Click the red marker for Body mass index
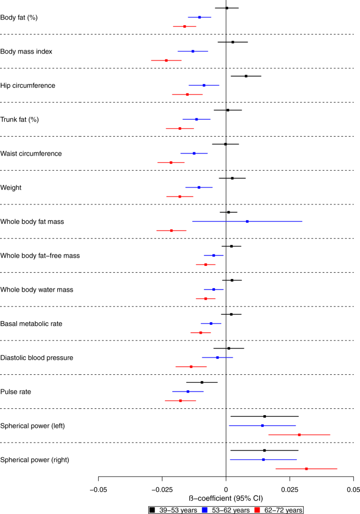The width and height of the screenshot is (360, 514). [x=167, y=60]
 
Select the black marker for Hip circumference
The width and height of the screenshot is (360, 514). [x=246, y=76]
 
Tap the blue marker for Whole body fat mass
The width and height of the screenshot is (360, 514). [x=247, y=221]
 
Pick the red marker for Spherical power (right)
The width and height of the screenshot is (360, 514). [x=306, y=468]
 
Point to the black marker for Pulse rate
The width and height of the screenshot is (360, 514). [x=202, y=383]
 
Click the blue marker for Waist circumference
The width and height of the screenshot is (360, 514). [x=194, y=153]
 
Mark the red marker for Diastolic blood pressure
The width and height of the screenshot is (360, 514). [x=191, y=366]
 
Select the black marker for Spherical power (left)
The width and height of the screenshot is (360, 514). [x=264, y=416]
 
